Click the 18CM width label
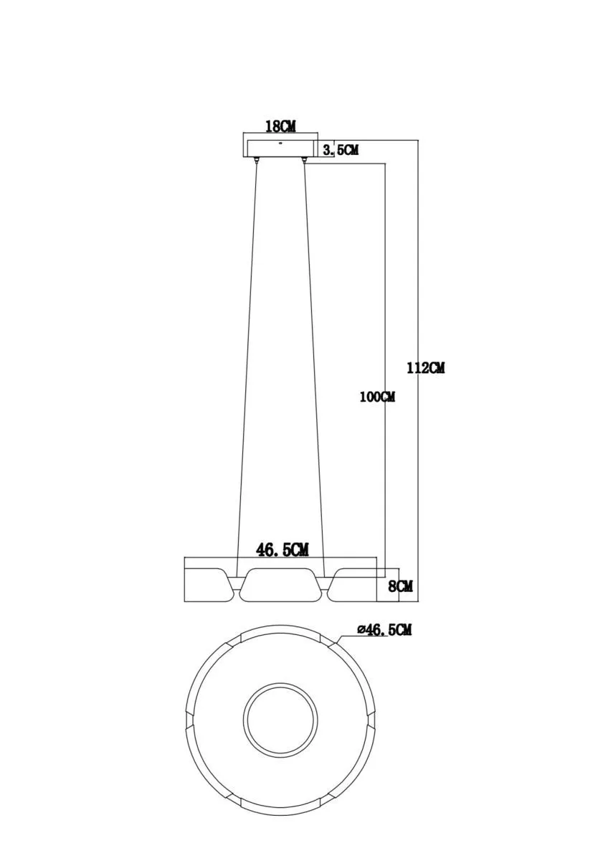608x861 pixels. click(280, 126)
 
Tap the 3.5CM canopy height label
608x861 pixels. click(341, 150)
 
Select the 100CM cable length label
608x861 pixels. click(377, 397)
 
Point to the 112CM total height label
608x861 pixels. click(426, 368)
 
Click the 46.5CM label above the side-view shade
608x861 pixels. click(282, 550)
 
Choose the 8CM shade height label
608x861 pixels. click(401, 587)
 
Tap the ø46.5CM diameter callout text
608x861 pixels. click(384, 630)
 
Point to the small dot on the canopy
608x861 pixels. click(281, 143)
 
